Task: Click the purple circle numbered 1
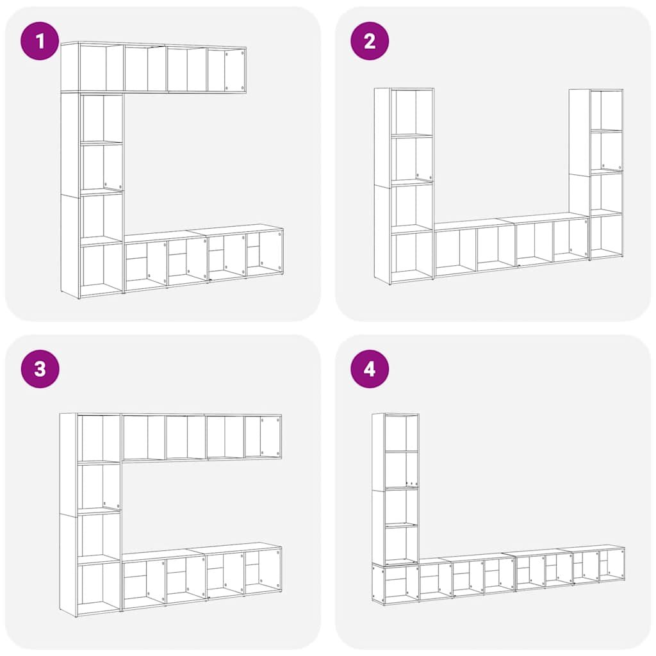[40, 41]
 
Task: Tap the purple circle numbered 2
[370, 41]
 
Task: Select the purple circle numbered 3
[40, 369]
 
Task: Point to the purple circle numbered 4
[370, 369]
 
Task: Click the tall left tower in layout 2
[404, 186]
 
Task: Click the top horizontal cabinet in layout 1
[154, 67]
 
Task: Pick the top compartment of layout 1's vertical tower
[102, 118]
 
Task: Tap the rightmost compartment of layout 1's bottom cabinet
[265, 252]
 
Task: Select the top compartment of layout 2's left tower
[412, 111]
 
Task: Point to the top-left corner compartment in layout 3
[99, 438]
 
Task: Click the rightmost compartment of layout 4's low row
[612, 565]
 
